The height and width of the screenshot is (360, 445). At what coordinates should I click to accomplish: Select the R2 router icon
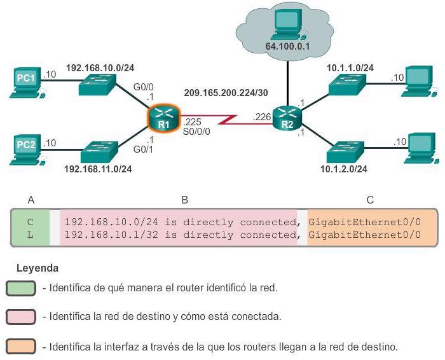point(285,117)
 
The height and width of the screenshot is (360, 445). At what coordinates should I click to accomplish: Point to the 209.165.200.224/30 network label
point(226,93)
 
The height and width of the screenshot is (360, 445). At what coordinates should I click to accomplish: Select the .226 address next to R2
point(261,117)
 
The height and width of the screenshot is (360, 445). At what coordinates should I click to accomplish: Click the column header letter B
point(184,200)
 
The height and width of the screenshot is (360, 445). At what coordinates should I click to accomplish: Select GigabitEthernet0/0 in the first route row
point(364,222)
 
